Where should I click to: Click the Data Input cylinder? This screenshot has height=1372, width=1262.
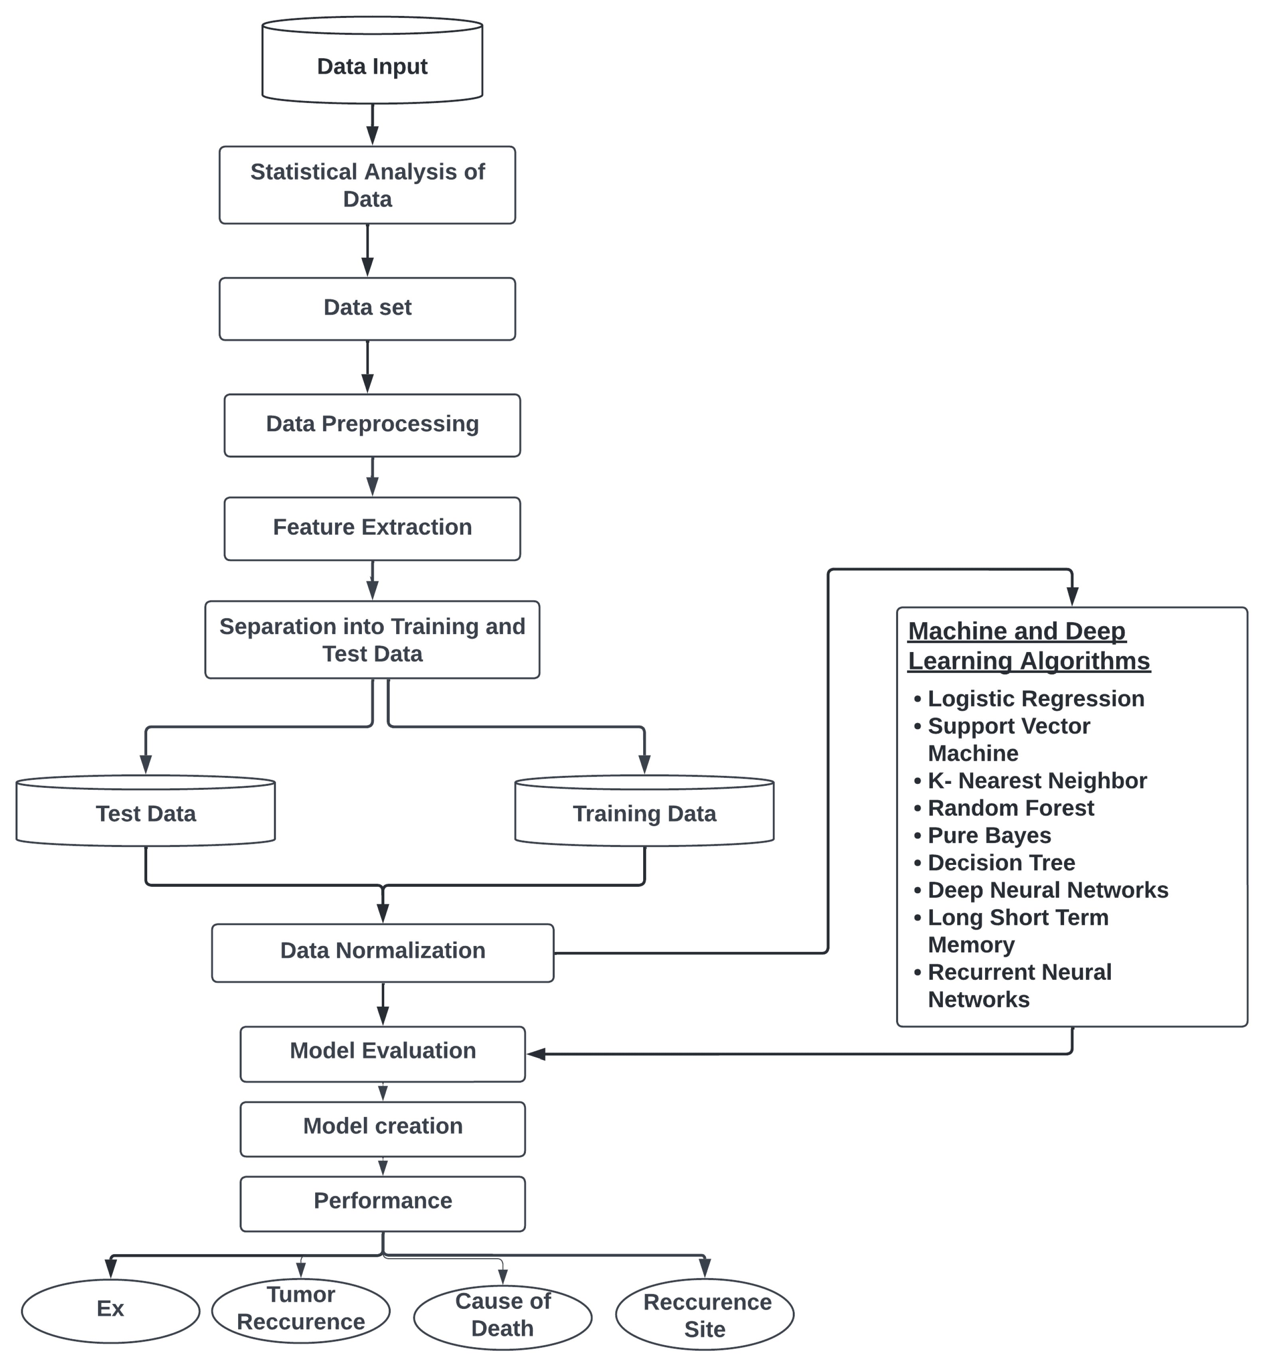pyautogui.click(x=372, y=66)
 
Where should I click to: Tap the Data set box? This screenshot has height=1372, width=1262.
pyautogui.click(x=367, y=308)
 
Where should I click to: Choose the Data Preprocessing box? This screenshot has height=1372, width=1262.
pyautogui.click(x=372, y=424)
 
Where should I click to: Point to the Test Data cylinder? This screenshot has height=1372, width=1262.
pyautogui.click(x=146, y=813)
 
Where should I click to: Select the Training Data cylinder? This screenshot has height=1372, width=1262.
pyautogui.click(x=644, y=813)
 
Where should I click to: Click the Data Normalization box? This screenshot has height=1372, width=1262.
pyautogui.click(x=382, y=952)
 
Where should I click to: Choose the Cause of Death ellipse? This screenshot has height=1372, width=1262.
pyautogui.click(x=503, y=1315)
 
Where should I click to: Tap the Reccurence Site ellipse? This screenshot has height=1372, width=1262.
pyautogui.click(x=705, y=1315)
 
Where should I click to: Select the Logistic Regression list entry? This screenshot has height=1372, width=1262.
pyautogui.click(x=1035, y=699)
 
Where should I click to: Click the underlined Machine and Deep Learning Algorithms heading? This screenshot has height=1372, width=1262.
pyautogui.click(x=1029, y=646)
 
